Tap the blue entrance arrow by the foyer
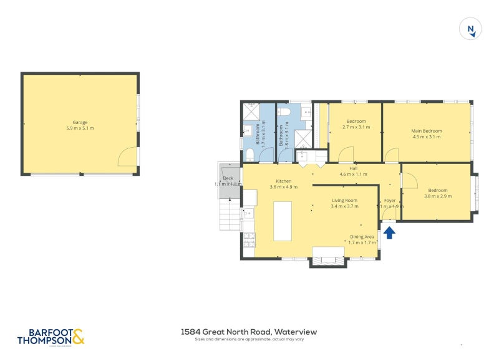389,232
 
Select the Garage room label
80,122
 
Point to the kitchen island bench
283,221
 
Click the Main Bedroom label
426,131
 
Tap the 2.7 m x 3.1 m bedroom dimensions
356,127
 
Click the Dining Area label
362,237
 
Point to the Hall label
353,168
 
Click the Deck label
227,178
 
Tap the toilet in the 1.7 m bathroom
249,154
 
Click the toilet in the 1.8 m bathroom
284,112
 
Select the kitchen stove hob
249,237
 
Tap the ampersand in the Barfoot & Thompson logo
78,337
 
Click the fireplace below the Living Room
328,257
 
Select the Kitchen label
284,181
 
